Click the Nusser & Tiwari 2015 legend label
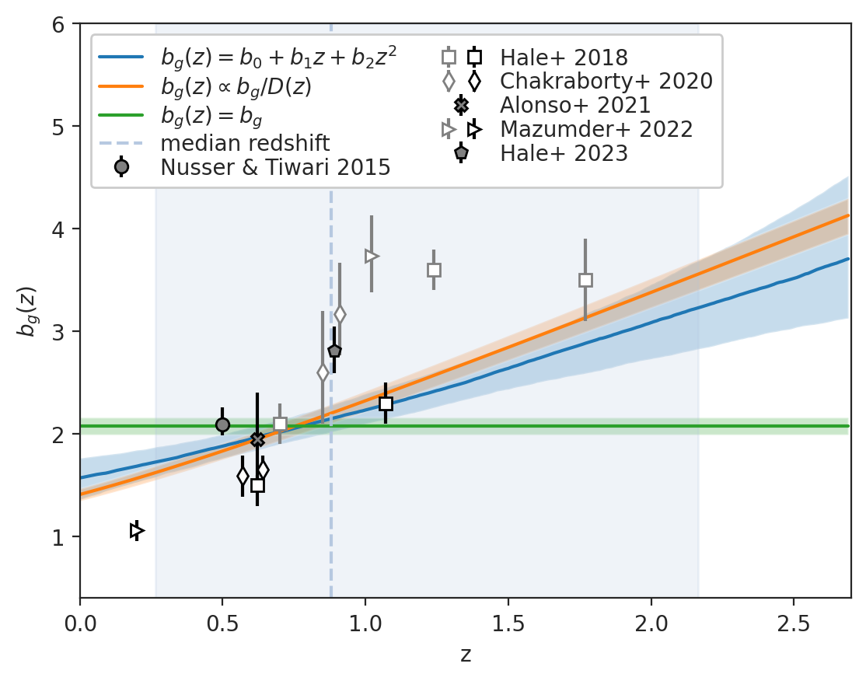tap(275, 167)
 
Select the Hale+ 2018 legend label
tap(564, 58)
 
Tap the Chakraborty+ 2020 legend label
tap(606, 81)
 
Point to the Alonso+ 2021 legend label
tap(575, 105)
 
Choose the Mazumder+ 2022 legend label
tap(596, 129)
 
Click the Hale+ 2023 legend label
tap(564, 153)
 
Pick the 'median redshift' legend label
tap(245, 144)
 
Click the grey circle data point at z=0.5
tap(222, 424)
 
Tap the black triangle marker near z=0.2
tap(137, 530)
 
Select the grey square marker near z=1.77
tap(585, 280)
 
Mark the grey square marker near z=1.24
tap(434, 270)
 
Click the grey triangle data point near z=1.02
tap(372, 256)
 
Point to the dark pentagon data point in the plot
tap(334, 351)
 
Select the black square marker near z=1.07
tap(386, 403)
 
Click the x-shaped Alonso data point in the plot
tap(257, 439)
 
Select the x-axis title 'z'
tap(465, 655)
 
